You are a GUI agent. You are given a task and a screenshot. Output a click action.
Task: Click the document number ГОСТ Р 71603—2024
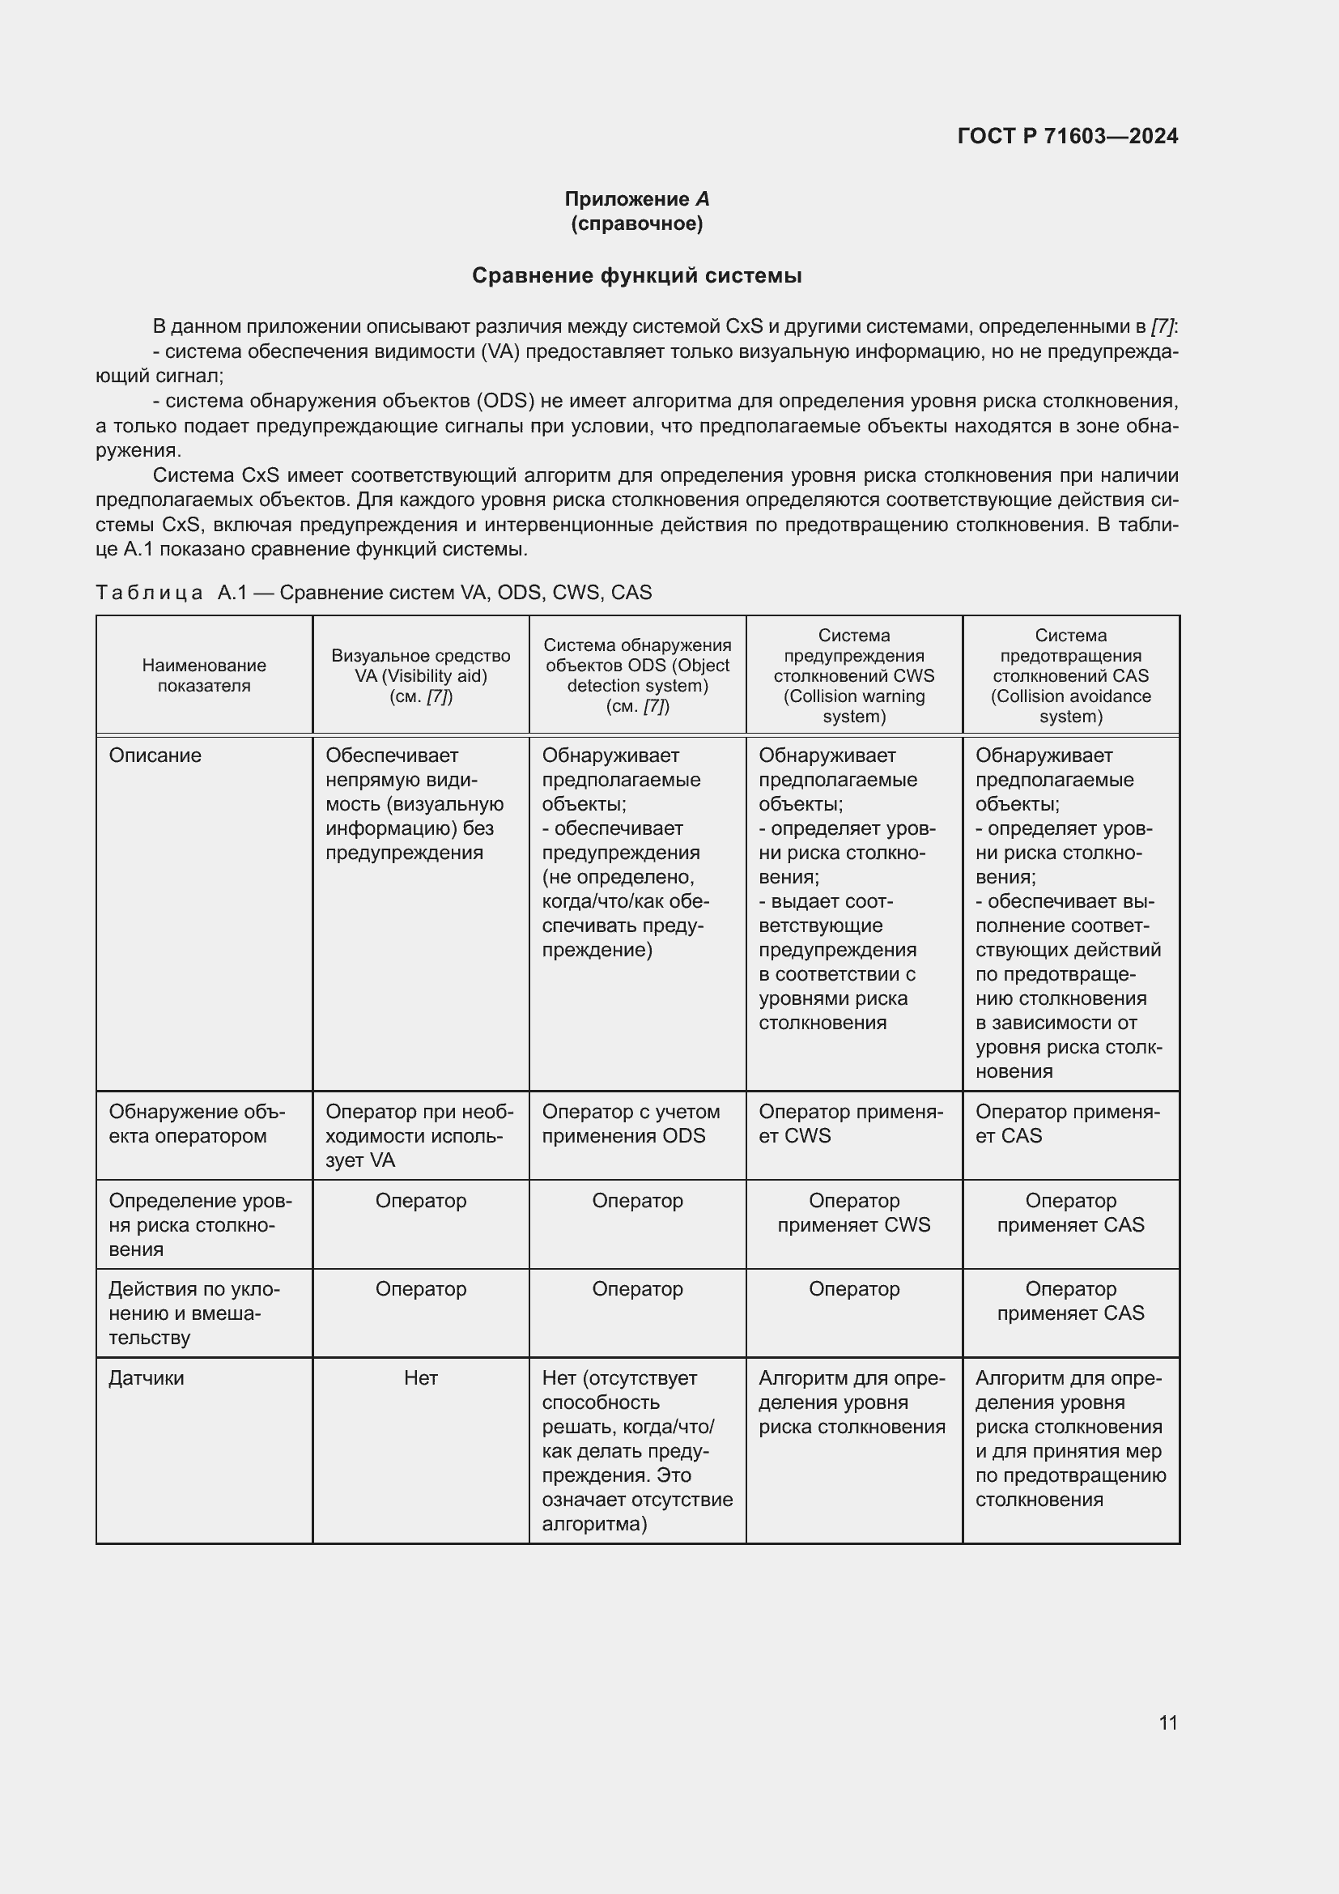[1067, 136]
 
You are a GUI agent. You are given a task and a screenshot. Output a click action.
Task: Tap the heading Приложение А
[636, 199]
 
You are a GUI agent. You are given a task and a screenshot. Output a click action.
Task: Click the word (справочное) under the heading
[636, 223]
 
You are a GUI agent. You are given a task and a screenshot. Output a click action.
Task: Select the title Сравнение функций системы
[636, 275]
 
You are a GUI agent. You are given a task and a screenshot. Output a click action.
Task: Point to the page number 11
[1167, 1722]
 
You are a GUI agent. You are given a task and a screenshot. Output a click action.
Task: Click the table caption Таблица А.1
[372, 592]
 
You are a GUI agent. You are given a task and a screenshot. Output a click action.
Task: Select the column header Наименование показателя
[204, 675]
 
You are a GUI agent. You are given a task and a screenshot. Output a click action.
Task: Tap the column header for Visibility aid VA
[420, 675]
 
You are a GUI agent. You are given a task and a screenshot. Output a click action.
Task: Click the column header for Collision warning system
[853, 675]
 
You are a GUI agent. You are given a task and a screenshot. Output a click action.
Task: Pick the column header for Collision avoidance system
[1070, 675]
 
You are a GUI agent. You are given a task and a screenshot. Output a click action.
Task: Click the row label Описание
[155, 755]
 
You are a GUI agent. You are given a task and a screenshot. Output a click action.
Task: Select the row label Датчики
[147, 1377]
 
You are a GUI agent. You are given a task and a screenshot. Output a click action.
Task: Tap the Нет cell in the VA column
[420, 1377]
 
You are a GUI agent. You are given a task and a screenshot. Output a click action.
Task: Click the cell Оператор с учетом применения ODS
[631, 1124]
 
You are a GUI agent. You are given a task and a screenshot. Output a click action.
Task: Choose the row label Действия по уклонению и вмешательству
[193, 1313]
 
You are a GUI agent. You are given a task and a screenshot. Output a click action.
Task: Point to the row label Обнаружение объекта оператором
[196, 1124]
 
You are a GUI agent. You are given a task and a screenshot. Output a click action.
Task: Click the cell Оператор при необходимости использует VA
[419, 1135]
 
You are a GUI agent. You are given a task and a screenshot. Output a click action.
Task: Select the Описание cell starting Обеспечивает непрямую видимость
[414, 804]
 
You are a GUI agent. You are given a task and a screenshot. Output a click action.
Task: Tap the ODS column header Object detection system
[637, 675]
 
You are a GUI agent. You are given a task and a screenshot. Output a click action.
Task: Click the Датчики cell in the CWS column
[852, 1402]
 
